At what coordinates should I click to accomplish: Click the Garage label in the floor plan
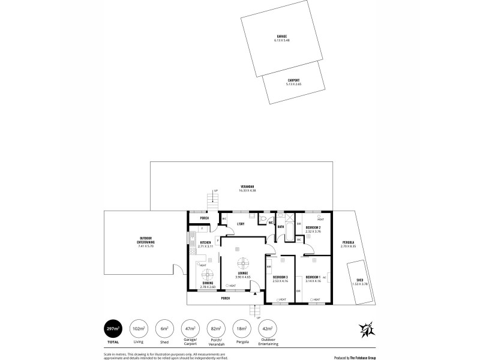[x=281, y=36]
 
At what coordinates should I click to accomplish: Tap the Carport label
[x=293, y=80]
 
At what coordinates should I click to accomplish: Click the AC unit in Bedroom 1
[x=324, y=277]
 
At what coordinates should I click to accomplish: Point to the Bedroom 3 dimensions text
[x=280, y=280]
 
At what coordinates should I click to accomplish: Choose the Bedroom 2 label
[x=313, y=227]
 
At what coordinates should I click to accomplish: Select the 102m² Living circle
[x=139, y=329]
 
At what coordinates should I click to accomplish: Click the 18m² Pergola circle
[x=242, y=329]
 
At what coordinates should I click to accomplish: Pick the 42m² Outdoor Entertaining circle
[x=267, y=329]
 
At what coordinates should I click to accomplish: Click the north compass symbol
[x=367, y=329]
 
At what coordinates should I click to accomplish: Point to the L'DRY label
[x=240, y=224]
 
